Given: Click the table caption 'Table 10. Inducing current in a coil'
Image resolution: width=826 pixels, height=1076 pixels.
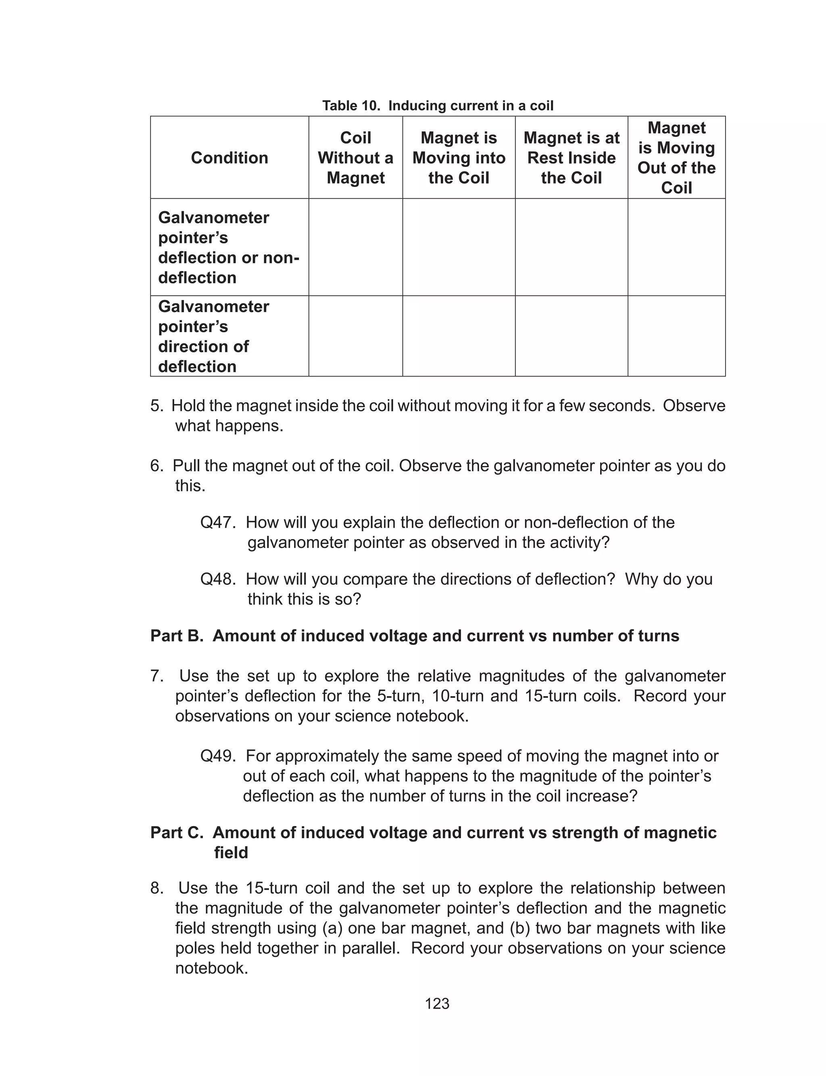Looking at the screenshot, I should pos(437,106).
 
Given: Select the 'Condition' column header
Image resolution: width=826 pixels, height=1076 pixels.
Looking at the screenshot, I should pos(229,158).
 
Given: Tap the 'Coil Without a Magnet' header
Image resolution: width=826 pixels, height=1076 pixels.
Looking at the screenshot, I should pos(355,158).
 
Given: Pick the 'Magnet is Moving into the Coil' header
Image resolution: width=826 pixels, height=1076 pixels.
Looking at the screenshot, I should pos(459,158).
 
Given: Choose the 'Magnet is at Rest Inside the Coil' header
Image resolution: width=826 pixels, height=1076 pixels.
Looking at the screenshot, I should pos(572,158).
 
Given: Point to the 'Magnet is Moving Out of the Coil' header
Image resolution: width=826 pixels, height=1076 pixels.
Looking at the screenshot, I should pos(676,158).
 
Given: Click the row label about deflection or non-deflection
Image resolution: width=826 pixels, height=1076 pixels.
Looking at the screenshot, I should pos(228,248).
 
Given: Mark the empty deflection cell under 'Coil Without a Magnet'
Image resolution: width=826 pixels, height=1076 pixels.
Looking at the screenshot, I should pos(355,247).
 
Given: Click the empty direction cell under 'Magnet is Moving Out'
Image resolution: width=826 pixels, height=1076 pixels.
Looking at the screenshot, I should pos(676,336).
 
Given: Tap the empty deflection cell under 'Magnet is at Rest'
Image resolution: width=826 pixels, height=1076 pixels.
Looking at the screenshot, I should pos(572,247).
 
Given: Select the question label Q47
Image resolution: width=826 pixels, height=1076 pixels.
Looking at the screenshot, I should pos(217,522).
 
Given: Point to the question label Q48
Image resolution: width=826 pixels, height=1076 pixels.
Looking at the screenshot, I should pos(217,579).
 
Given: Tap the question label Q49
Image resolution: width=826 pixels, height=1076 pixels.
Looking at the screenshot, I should pos(217,756).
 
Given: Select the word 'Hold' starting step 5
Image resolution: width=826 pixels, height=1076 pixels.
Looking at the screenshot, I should pos(188,406).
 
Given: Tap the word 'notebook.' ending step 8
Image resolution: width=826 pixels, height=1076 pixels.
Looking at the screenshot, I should pos(211,968).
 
